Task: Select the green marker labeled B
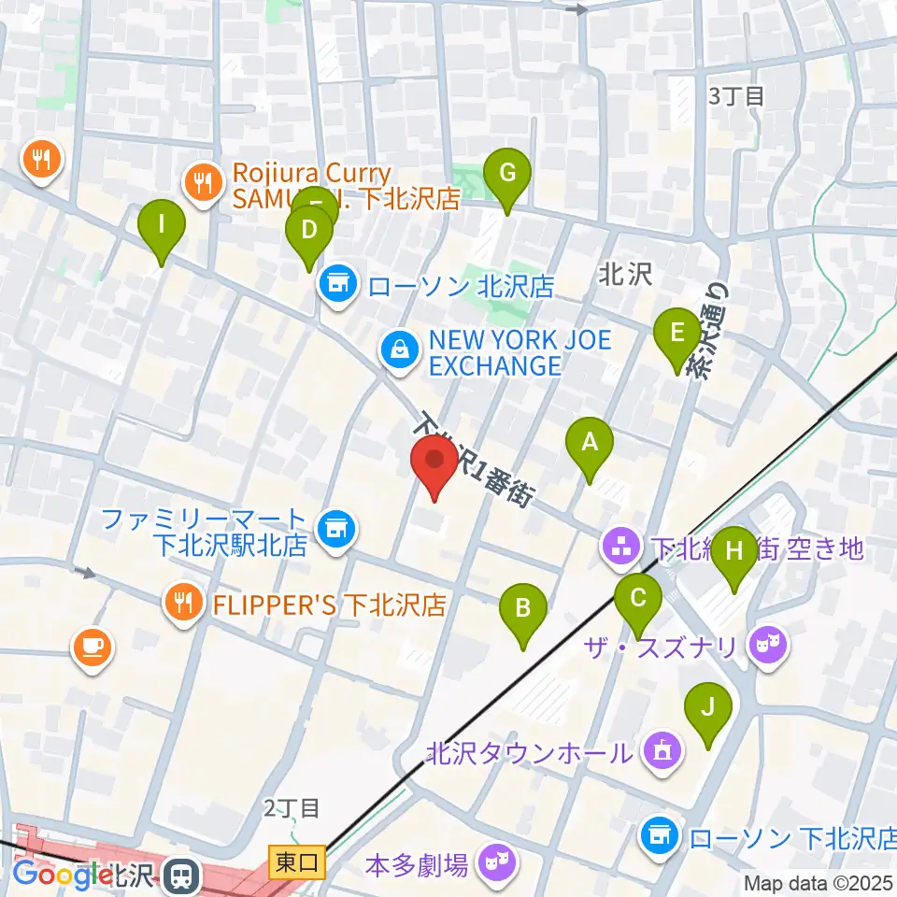[x=522, y=611]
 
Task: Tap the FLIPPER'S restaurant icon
[x=183, y=603]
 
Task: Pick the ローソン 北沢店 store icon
[x=337, y=285]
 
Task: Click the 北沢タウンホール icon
[x=662, y=750]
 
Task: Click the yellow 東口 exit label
[x=297, y=862]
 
